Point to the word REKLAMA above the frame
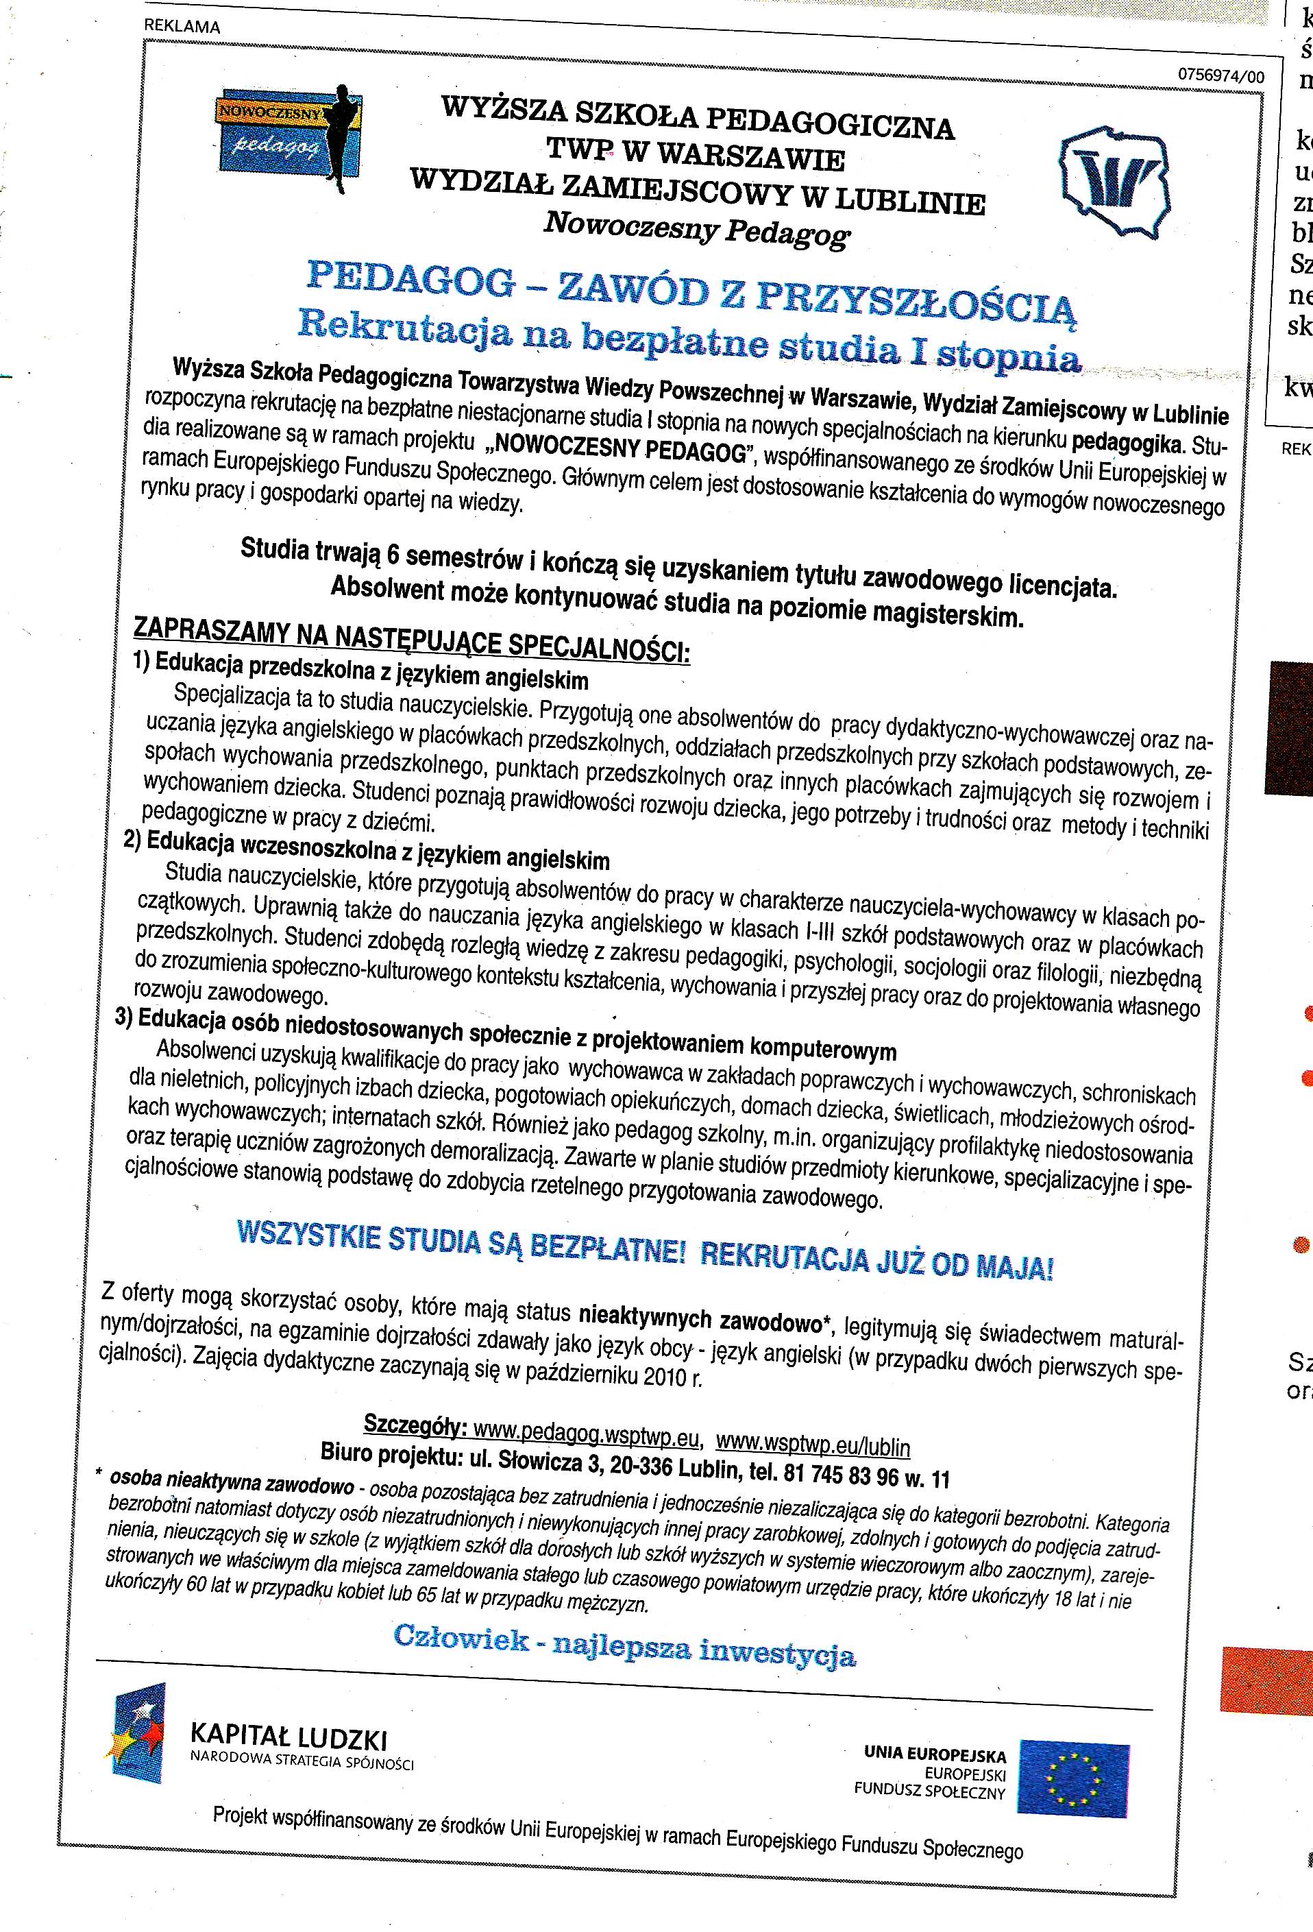click(182, 26)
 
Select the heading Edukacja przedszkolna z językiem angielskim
click(371, 672)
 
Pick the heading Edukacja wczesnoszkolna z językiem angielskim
click(378, 852)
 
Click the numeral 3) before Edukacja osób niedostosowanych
click(125, 1018)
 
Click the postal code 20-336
click(640, 1466)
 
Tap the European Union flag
click(1074, 1778)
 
